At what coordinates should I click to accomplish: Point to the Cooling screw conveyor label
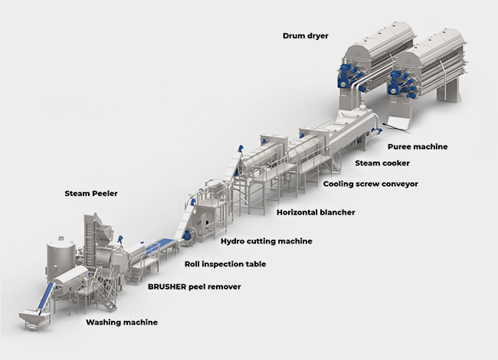point(371,184)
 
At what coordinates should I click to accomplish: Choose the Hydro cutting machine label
point(267,241)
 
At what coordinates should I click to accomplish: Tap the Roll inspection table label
point(225,264)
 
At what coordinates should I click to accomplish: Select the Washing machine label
point(122,322)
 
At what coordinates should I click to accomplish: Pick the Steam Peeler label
point(91,194)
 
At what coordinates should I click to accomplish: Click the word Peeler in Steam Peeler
point(105,194)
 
